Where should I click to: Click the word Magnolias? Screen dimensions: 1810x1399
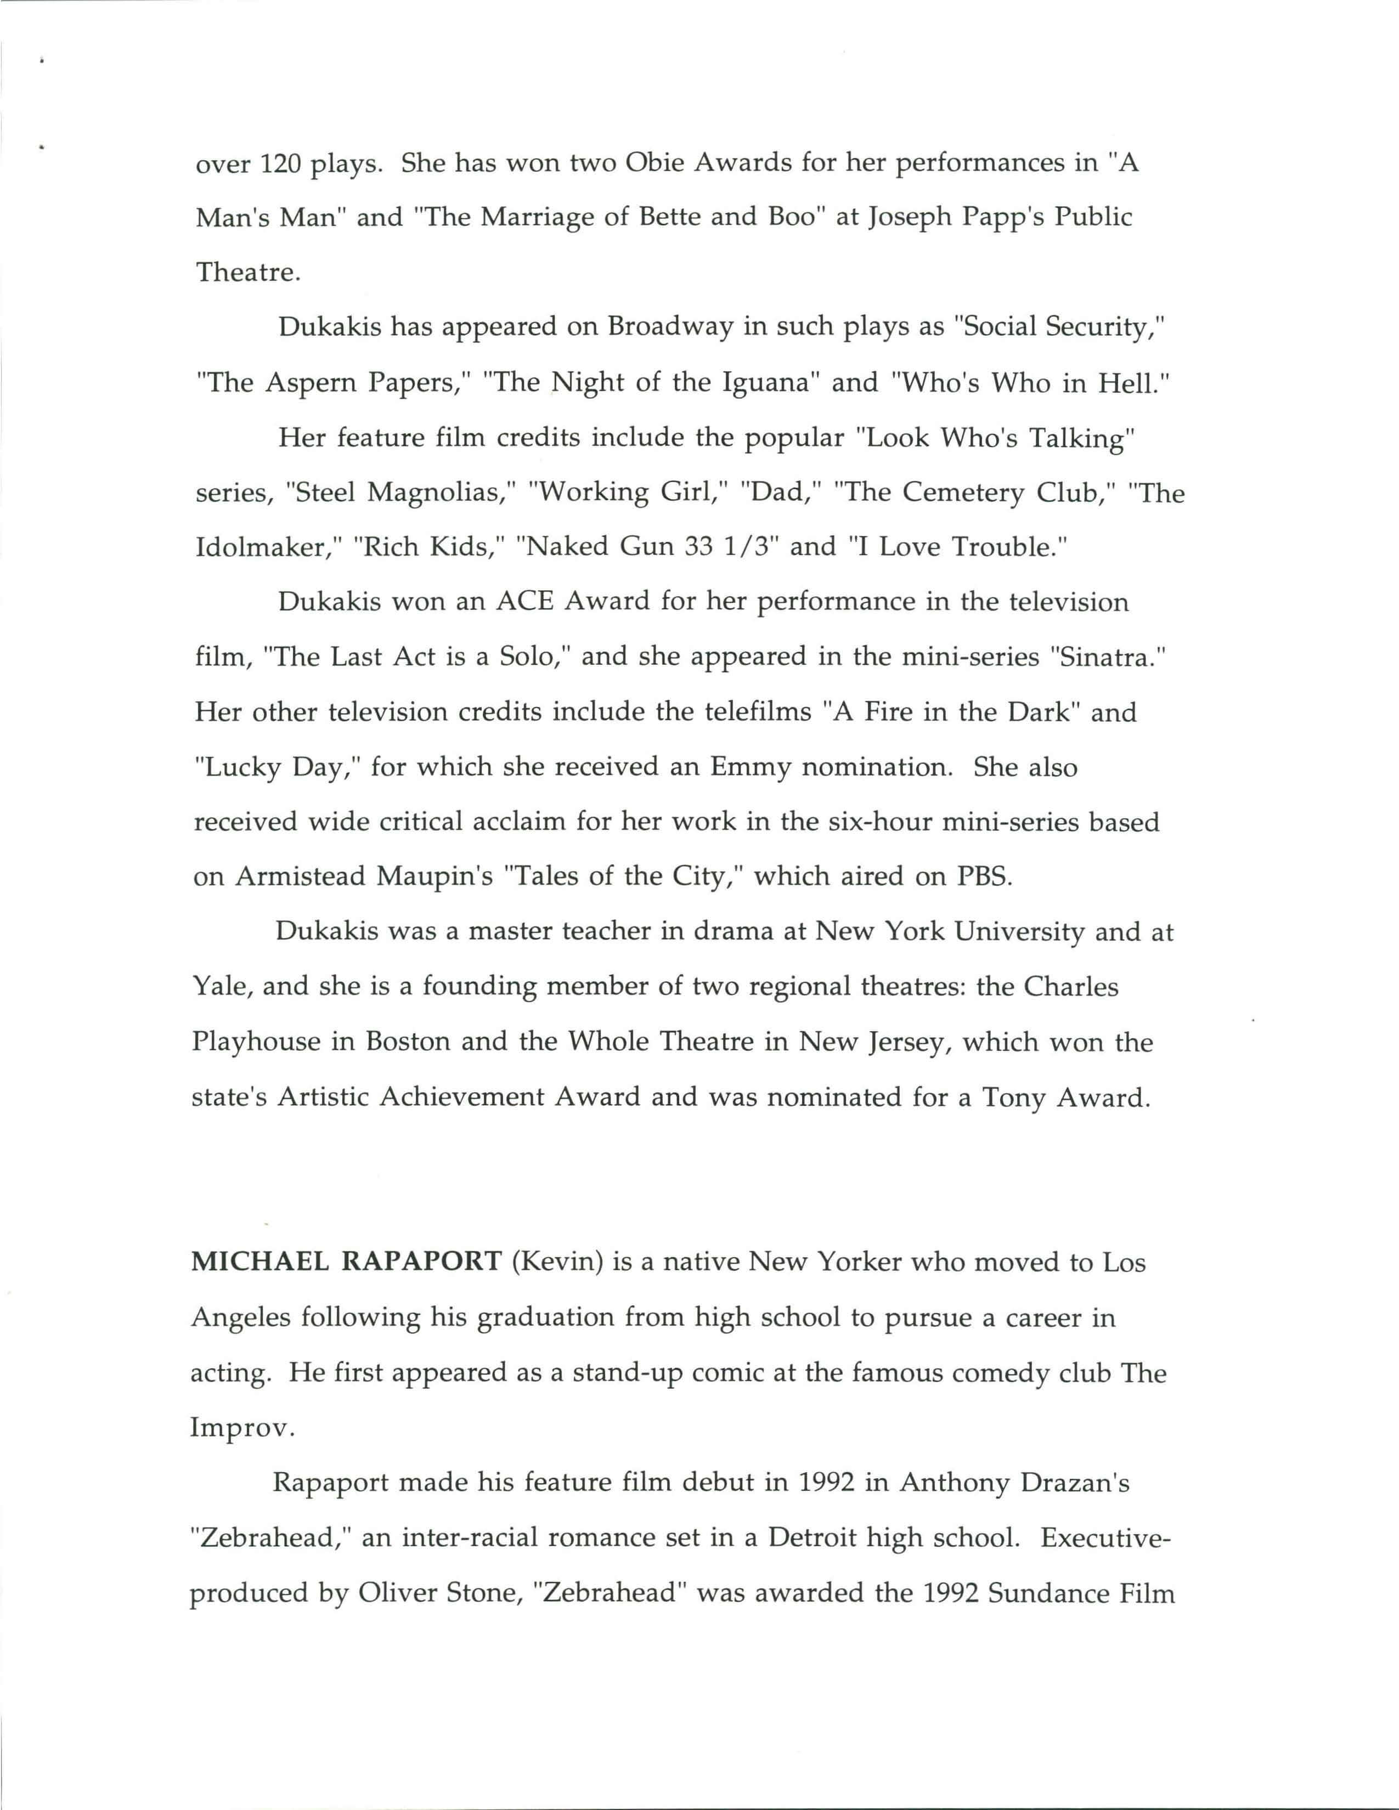click(x=439, y=493)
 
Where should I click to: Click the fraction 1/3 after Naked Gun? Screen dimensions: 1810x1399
click(x=749, y=547)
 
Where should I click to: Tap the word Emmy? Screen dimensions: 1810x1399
click(x=750, y=767)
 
